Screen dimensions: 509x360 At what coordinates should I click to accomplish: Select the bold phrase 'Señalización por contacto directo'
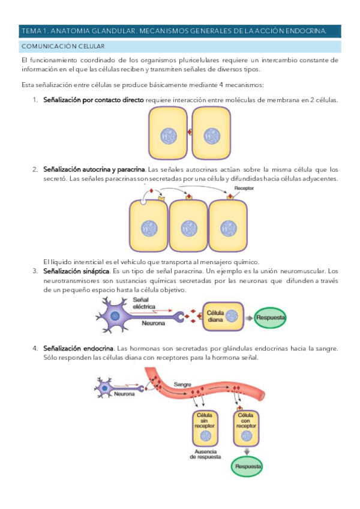click(x=93, y=100)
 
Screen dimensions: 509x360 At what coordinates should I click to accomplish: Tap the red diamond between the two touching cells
click(x=190, y=132)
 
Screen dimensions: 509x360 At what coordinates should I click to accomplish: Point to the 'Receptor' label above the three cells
click(x=245, y=188)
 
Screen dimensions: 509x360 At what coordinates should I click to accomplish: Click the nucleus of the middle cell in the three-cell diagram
click(x=188, y=228)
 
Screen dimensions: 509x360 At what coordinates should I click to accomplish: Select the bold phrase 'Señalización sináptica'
click(x=76, y=272)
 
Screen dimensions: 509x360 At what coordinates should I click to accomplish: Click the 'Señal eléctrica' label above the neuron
click(x=145, y=303)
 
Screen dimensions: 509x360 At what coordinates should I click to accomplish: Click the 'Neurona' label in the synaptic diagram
click(x=153, y=323)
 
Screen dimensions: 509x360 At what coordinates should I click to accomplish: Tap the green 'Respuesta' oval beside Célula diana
click(x=271, y=317)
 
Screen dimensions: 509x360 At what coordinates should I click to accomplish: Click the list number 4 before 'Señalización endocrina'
click(x=35, y=348)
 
